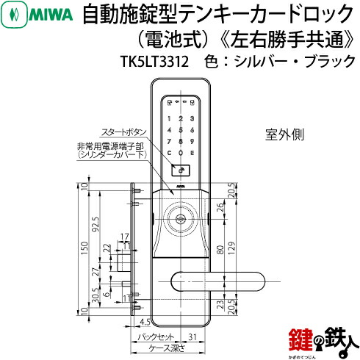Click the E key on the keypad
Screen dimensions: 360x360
[195, 154]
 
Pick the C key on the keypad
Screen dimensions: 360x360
[170, 154]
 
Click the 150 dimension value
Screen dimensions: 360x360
[84, 250]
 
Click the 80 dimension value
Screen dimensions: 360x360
[219, 256]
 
